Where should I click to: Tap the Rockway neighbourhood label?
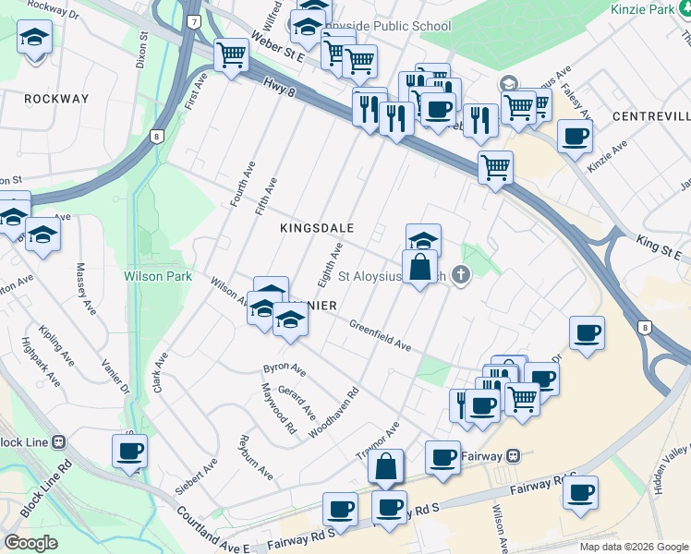click(x=57, y=98)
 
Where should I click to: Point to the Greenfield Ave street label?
click(x=380, y=335)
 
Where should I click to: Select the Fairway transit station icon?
click(x=515, y=456)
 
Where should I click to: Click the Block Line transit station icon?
click(x=57, y=442)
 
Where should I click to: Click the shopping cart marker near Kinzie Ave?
click(x=496, y=168)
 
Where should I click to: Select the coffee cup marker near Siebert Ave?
click(x=129, y=452)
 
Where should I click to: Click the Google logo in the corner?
click(x=31, y=543)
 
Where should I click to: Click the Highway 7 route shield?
click(x=193, y=21)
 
